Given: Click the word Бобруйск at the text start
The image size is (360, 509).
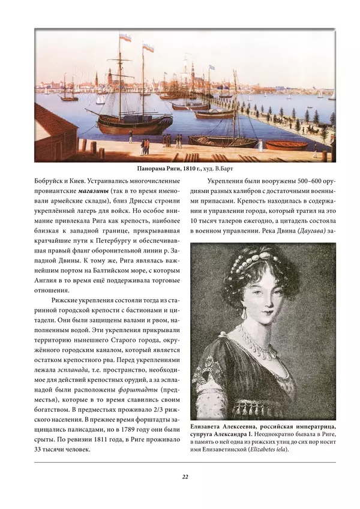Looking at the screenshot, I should click(x=52, y=180).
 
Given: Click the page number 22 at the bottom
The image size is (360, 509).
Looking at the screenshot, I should click(x=185, y=477).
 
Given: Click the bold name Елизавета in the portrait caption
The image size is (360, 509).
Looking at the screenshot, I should click(x=209, y=424).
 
